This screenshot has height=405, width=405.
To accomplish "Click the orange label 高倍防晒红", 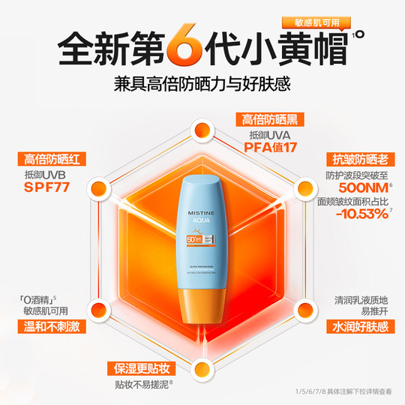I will (50, 159).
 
